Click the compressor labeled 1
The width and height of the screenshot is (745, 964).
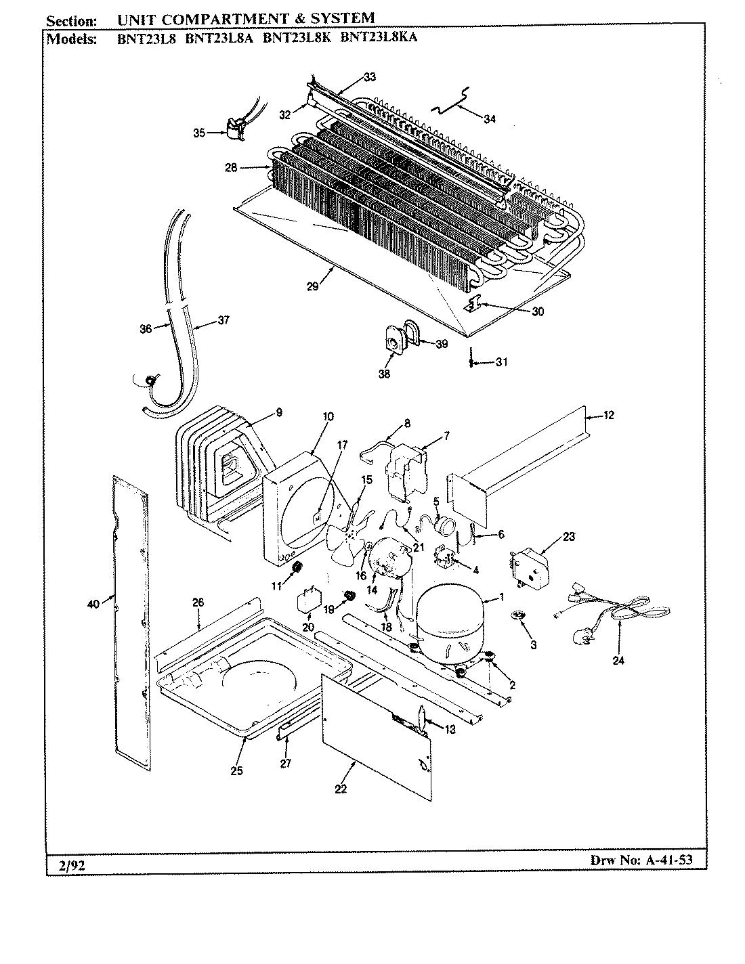tap(449, 619)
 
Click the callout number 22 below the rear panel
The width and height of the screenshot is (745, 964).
tap(340, 789)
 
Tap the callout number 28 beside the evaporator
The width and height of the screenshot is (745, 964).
tap(231, 167)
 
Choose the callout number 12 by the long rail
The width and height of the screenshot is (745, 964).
tap(608, 415)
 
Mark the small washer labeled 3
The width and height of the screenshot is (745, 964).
tap(519, 615)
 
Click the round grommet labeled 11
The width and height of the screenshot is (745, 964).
tap(297, 567)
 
